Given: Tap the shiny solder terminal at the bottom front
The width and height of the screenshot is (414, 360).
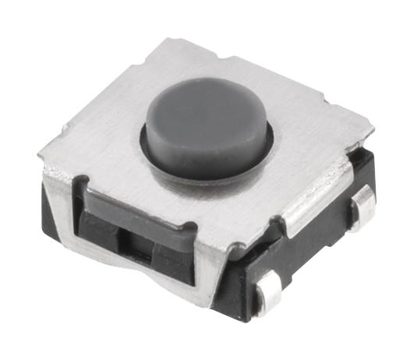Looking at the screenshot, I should [x=269, y=295].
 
